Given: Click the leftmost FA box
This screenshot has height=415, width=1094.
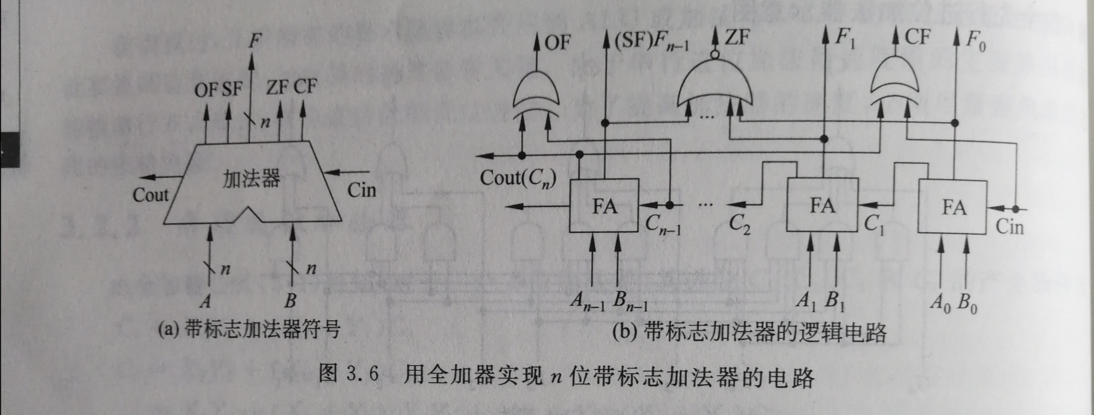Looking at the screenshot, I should pyautogui.click(x=604, y=206).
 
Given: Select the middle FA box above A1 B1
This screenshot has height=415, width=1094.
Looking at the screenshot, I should pyautogui.click(x=822, y=205).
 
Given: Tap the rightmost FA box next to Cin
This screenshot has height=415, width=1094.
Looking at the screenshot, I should pyautogui.click(x=953, y=207).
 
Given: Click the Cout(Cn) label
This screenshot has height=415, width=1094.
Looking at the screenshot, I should pyautogui.click(x=517, y=178).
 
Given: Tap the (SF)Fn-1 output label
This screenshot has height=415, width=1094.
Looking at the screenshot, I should pyautogui.click(x=651, y=42).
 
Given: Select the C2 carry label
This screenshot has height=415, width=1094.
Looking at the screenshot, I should pyautogui.click(x=739, y=223).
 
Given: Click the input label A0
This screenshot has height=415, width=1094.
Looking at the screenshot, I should pyautogui.click(x=940, y=303).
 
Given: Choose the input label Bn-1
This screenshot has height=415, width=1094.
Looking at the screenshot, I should pyautogui.click(x=631, y=302).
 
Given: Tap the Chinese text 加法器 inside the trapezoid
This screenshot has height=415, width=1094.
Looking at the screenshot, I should pyautogui.click(x=251, y=179).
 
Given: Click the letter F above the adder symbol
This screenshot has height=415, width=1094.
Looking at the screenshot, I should pyautogui.click(x=254, y=42).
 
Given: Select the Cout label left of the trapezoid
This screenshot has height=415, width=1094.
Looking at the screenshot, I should pyautogui.click(x=151, y=195).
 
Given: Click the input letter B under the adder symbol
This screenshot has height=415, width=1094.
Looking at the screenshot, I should pyautogui.click(x=290, y=300).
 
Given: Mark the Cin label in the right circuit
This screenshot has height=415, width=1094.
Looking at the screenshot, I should pyautogui.click(x=1009, y=226).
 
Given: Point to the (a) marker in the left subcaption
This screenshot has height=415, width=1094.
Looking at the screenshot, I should pyautogui.click(x=168, y=330).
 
